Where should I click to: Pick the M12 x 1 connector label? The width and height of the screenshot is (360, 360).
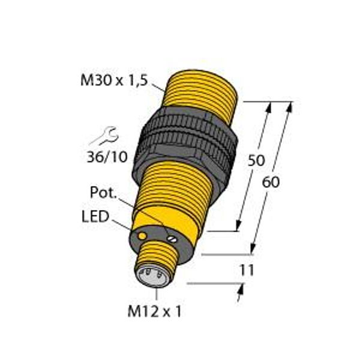click(155, 312)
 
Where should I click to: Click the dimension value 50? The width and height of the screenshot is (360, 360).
click(256, 161)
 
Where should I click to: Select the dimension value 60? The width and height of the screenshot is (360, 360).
click(272, 183)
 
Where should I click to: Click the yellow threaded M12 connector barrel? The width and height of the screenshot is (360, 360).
click(157, 258)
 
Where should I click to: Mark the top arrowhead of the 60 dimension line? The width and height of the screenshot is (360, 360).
click(290, 106)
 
